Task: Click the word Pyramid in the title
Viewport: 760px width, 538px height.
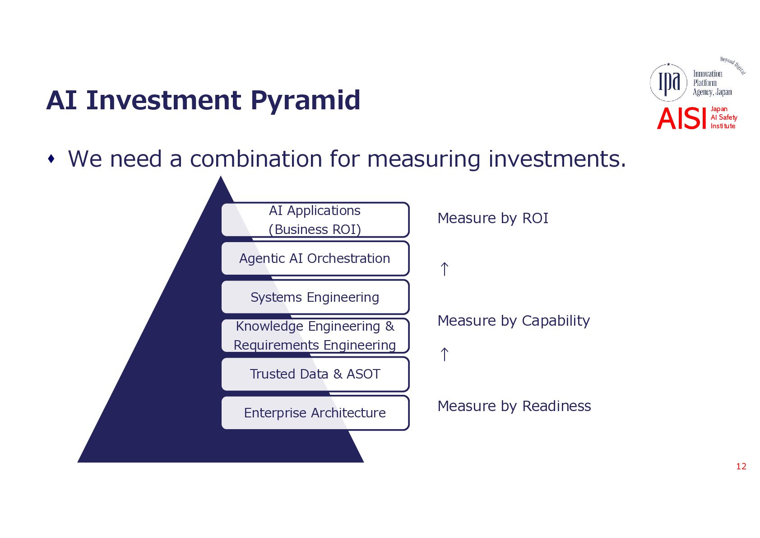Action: point(306,101)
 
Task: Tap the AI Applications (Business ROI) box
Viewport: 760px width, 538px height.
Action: point(315,220)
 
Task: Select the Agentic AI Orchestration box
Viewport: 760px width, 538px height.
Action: point(315,258)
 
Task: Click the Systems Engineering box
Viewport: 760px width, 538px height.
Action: point(315,297)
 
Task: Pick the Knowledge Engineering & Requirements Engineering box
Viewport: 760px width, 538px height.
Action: point(315,336)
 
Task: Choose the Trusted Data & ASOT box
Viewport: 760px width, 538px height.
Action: point(315,374)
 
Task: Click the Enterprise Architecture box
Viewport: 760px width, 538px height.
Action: point(315,413)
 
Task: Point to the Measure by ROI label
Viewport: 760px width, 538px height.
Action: point(493,218)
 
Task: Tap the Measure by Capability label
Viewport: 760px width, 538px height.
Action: point(514,321)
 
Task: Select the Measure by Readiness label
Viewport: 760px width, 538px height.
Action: point(514,407)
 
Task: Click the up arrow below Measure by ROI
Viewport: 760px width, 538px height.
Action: point(445,269)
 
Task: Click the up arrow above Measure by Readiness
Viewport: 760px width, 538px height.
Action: point(445,354)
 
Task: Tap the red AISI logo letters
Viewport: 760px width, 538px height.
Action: point(681,119)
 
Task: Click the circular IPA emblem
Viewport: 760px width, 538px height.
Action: point(668,83)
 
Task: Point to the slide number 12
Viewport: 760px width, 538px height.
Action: point(741,466)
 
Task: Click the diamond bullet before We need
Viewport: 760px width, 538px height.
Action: point(51,159)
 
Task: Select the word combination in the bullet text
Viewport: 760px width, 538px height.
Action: point(255,159)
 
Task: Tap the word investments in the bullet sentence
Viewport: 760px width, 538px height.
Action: point(557,159)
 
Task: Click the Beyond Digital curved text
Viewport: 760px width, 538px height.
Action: point(733,65)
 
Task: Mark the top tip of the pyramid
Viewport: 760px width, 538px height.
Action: point(221,176)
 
